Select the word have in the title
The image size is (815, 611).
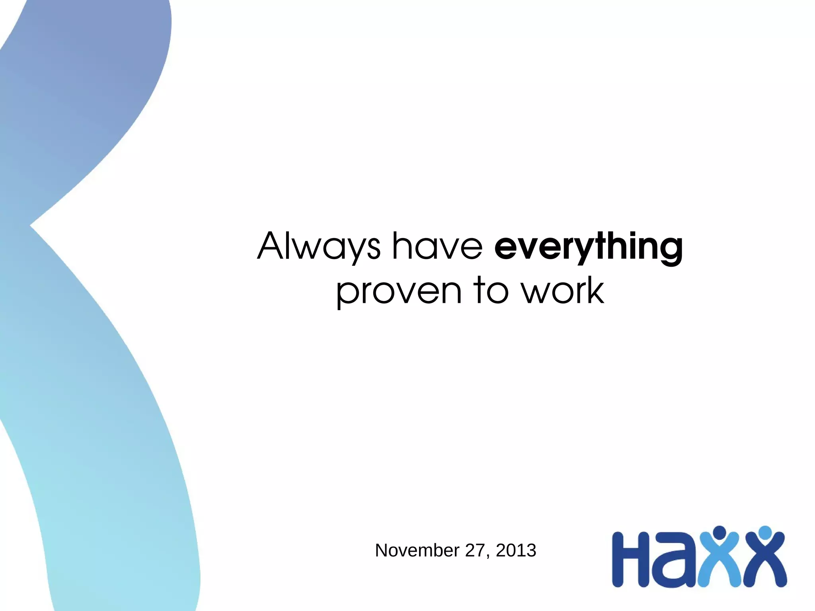437,246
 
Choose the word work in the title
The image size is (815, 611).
563,291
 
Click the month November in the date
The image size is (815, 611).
417,550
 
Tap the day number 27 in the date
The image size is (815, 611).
475,550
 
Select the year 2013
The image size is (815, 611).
516,550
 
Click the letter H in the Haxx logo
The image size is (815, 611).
630,559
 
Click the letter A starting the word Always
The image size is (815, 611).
273,246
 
